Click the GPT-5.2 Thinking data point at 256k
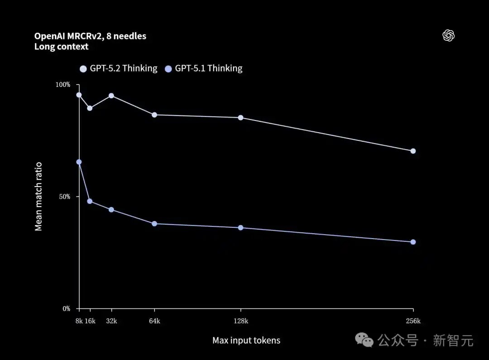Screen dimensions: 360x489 pos(413,151)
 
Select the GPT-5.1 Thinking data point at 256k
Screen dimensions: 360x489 pos(413,242)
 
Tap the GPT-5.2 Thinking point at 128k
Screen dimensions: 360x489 pos(240,118)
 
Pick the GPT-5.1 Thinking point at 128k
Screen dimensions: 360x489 pos(240,227)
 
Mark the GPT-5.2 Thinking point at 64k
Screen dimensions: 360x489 pos(154,115)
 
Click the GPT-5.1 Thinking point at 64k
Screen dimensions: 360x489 pos(154,224)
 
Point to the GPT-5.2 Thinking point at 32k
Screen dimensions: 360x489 pos(111,96)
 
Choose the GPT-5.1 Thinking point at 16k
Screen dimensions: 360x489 pos(90,201)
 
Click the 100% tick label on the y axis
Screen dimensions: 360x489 pos(63,85)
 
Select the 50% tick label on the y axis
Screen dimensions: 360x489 pos(64,197)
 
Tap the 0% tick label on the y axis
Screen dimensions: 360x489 pos(66,309)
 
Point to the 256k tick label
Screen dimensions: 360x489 pos(413,321)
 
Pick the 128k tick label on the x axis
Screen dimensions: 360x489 pos(240,321)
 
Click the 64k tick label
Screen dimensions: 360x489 pos(154,321)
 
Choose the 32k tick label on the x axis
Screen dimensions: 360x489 pos(111,321)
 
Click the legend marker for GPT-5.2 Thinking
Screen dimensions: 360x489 pos(83,69)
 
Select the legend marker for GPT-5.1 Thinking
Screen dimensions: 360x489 pos(168,69)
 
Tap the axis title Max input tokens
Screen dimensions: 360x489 pos(246,341)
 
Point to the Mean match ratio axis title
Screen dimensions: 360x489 pos(38,197)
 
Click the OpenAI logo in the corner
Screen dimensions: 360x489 pos(448,36)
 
